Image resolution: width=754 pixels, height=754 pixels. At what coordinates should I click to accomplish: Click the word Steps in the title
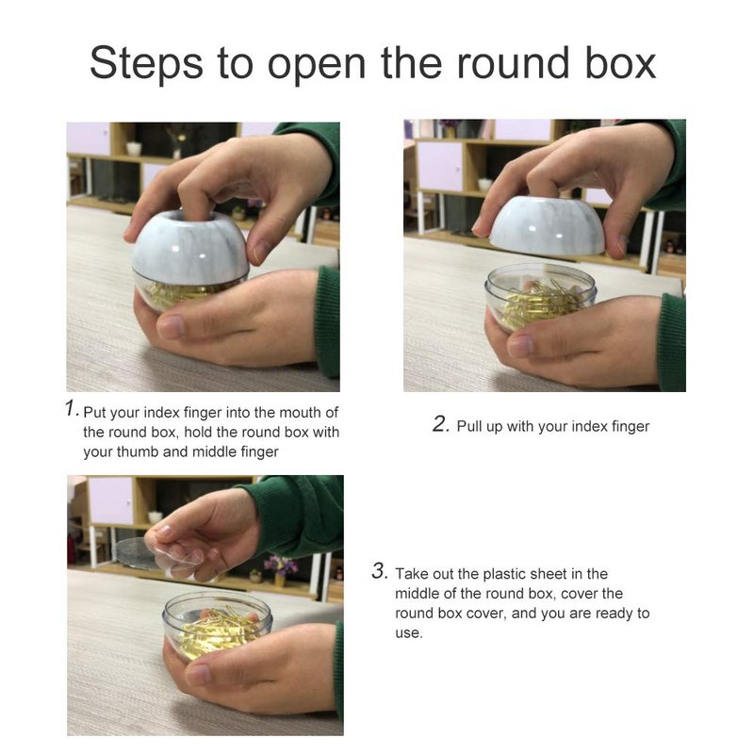(146, 63)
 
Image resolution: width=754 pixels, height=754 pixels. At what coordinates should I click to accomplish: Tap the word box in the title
(620, 62)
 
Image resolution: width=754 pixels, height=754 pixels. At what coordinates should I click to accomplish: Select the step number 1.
(72, 408)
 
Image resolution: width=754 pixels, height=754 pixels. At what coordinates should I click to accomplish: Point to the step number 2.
(440, 424)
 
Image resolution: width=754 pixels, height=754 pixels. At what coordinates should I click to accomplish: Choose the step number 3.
(380, 571)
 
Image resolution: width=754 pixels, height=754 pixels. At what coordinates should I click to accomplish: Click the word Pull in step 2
(469, 426)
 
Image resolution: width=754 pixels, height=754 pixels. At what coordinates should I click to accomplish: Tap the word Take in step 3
(412, 574)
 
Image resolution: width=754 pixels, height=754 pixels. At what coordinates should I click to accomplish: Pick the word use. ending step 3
(409, 633)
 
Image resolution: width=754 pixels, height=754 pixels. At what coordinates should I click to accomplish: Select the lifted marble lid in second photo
(548, 225)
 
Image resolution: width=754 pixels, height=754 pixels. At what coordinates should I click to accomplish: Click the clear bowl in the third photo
(217, 626)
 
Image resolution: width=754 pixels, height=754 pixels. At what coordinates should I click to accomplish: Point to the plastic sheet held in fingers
(158, 555)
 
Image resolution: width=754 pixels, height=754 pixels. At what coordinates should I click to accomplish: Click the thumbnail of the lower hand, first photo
(171, 327)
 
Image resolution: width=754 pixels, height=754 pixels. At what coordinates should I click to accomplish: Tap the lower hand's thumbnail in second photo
(520, 345)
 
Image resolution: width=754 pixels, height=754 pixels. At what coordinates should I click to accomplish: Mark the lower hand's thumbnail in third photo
(199, 674)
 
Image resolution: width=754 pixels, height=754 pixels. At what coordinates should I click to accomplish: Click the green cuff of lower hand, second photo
(672, 342)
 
